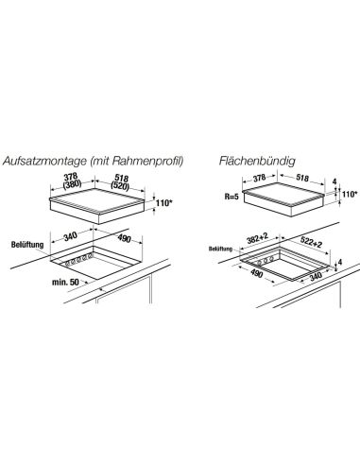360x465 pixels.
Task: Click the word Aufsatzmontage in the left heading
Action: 44,161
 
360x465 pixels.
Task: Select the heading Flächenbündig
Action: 257,161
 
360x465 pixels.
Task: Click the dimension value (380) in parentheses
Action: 72,183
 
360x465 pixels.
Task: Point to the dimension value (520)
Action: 120,186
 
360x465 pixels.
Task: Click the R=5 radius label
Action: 231,198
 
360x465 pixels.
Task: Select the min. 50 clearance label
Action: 65,282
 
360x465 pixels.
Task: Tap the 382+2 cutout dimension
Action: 257,239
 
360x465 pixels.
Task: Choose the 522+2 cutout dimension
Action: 311,242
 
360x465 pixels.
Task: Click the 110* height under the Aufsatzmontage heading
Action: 164,203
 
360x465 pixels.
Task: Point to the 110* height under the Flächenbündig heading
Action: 350,194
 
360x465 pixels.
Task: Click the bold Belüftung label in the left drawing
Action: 27,245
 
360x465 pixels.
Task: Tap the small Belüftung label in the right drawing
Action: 220,249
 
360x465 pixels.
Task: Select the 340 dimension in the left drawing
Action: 71,236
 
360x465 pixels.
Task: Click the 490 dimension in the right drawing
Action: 256,273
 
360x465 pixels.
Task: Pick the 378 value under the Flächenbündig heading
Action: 260,178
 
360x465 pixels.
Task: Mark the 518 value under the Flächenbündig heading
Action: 302,178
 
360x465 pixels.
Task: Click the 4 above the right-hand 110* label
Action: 334,181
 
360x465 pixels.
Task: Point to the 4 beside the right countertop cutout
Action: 339,262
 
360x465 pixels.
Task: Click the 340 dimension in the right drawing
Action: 316,276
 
